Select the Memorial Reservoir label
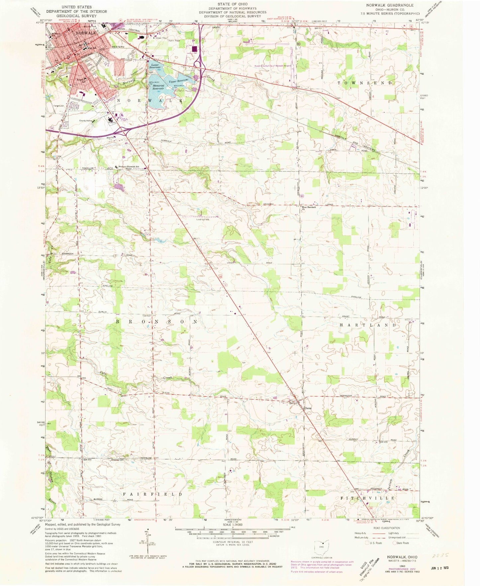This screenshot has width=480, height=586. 158,87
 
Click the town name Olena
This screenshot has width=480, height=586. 308,407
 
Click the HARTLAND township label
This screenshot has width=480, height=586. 368,325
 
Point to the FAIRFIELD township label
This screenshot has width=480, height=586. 153,494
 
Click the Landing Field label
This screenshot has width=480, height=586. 202,219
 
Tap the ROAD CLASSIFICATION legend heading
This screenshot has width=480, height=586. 391,528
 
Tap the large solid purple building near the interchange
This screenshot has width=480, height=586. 194,49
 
